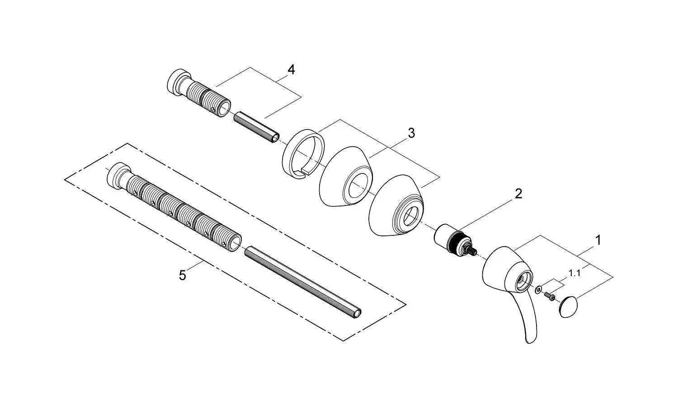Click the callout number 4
point(291,70)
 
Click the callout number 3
point(411,133)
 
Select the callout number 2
point(518,194)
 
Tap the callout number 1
point(598,240)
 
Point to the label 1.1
point(574,273)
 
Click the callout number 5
point(182,275)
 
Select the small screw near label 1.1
point(550,296)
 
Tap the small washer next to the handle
point(538,289)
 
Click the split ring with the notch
point(303,154)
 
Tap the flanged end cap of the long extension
point(117,174)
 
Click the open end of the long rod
point(358,314)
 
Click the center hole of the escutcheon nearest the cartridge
point(411,213)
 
